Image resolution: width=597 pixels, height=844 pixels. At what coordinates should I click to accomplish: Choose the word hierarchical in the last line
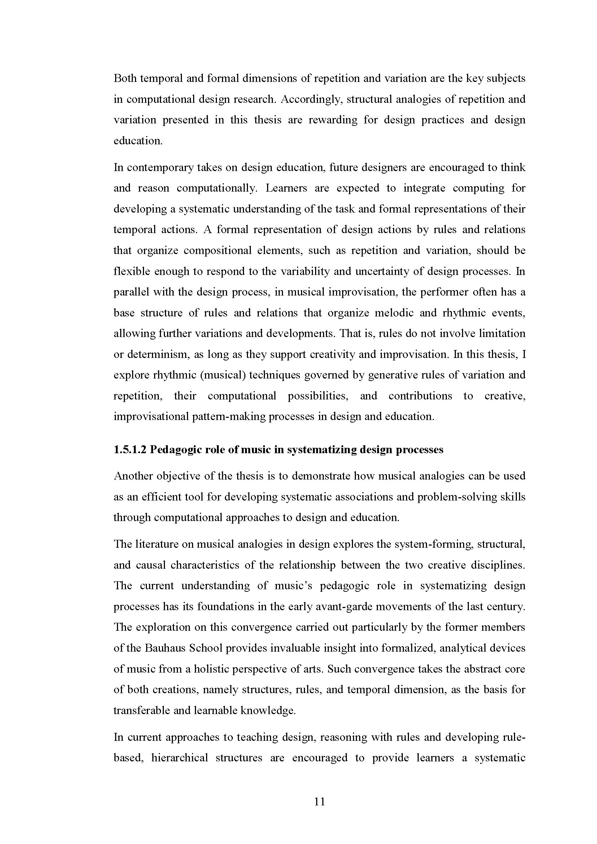[x=180, y=758]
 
